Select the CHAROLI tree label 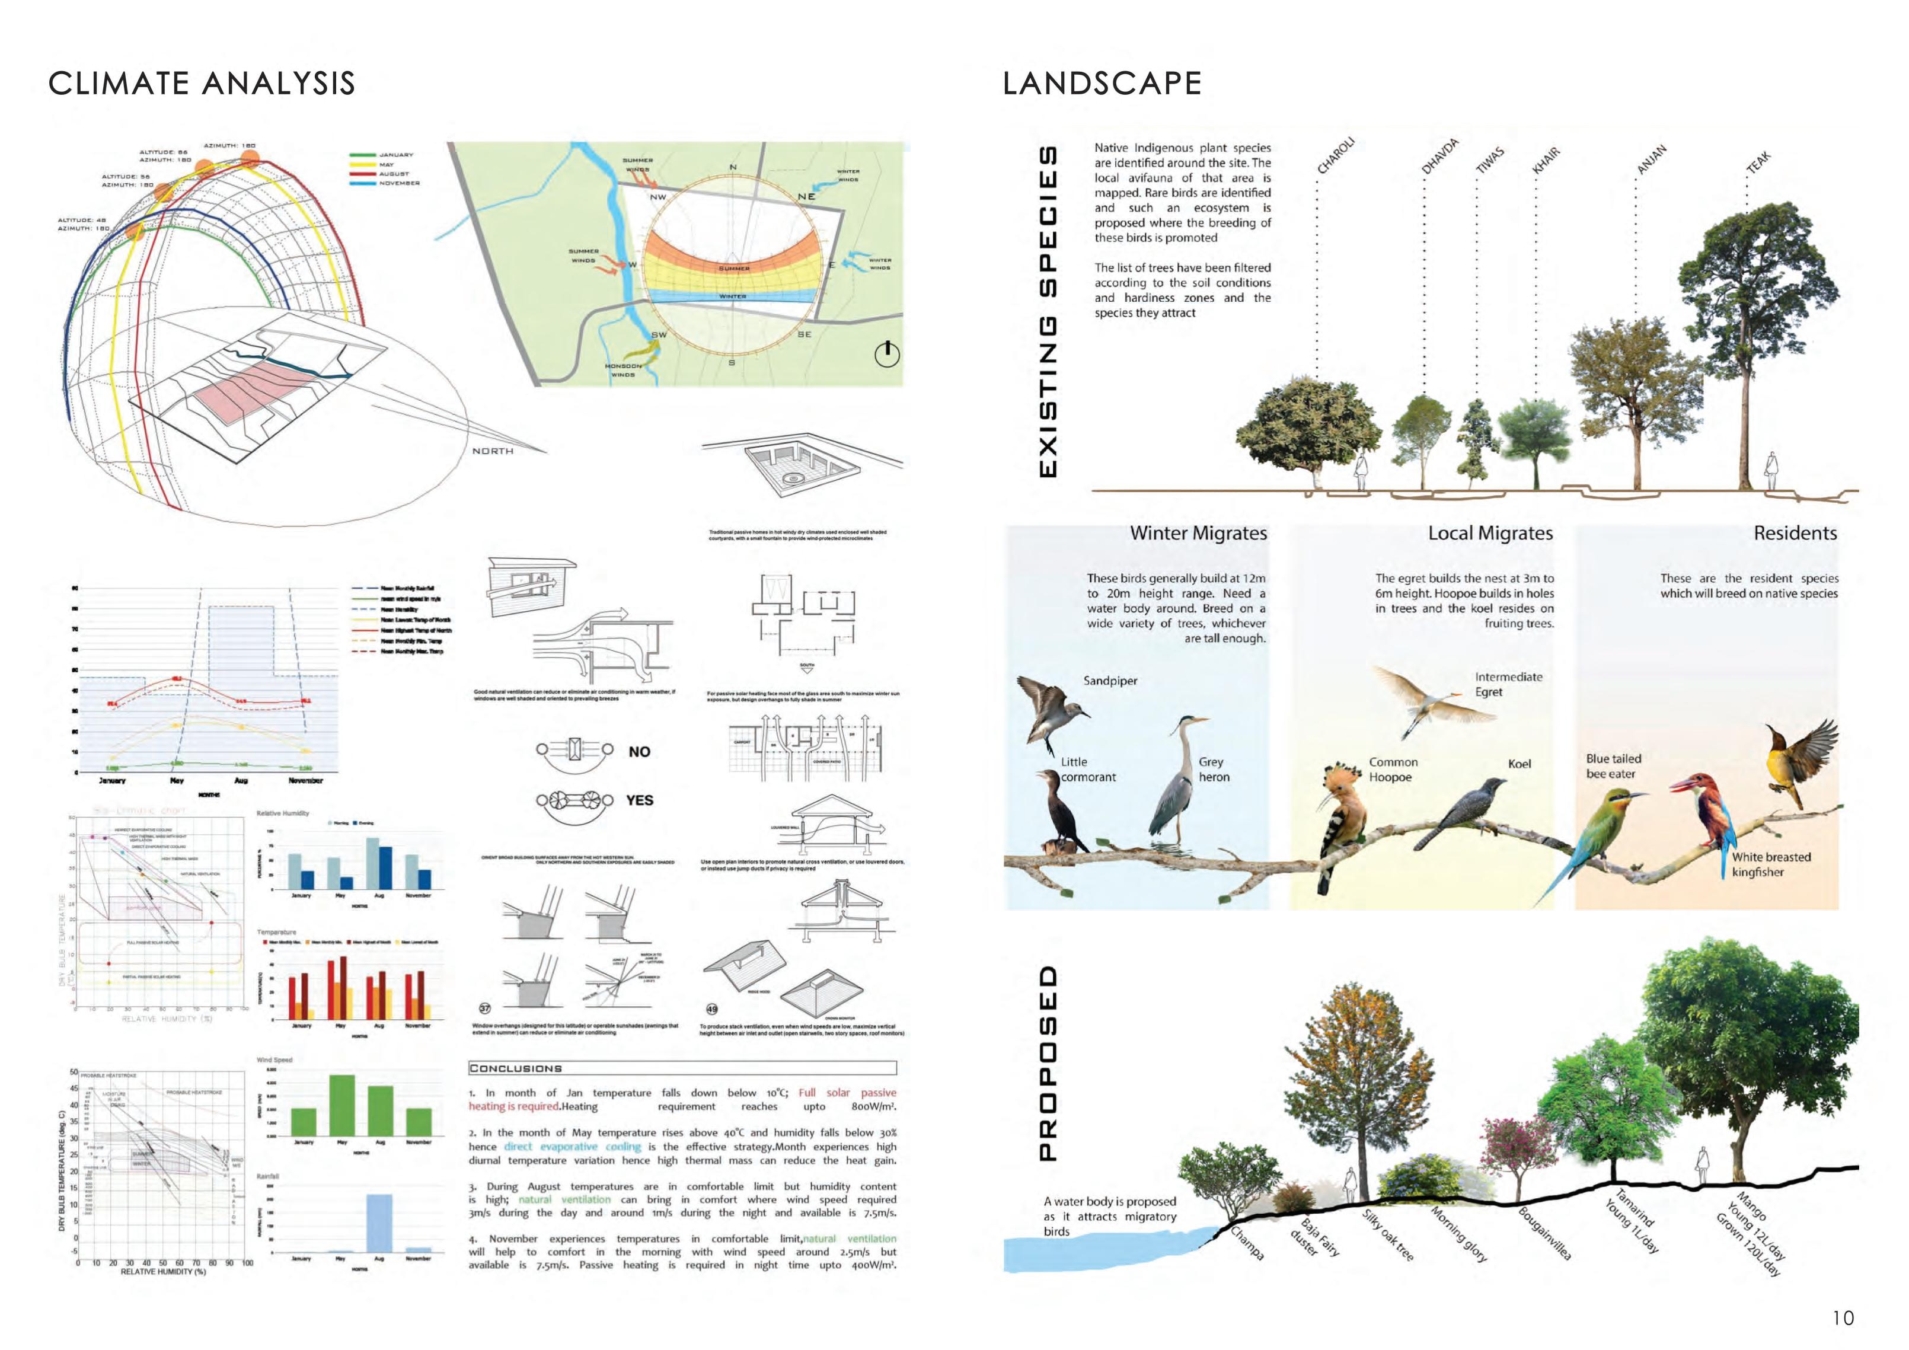point(1335,155)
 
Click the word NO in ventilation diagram point(639,751)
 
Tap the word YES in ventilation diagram point(639,800)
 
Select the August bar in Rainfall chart point(379,1223)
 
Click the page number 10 point(1843,1317)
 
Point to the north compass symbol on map point(887,354)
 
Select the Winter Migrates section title point(1198,533)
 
